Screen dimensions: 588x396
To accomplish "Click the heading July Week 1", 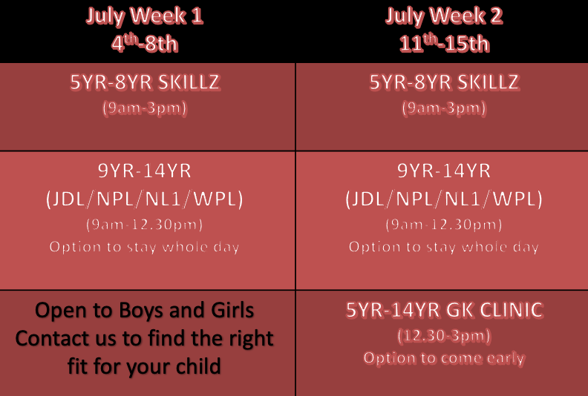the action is pos(144,16).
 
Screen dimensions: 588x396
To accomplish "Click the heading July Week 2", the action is pos(444,16).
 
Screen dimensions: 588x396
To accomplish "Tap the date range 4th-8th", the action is pos(144,43).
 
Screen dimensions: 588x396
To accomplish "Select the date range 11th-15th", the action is pos(445,43).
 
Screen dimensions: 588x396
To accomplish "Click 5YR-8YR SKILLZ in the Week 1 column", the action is pos(145,82).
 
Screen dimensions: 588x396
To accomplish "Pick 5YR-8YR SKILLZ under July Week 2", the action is pos(445,82).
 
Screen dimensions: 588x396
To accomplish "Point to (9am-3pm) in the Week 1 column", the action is pos(145,108).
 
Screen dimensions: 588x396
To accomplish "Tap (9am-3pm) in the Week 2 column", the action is pos(445,108).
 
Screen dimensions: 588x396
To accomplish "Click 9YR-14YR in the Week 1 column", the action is pos(145,171).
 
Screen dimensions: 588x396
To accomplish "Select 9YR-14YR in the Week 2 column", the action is pos(444,171).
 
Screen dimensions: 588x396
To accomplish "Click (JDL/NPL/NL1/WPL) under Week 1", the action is pos(145,199).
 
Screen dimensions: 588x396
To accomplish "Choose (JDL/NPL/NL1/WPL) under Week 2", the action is pos(444,199).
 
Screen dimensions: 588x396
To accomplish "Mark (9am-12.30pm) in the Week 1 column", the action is pos(145,225).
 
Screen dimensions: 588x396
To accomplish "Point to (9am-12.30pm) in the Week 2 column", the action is pos(444,225).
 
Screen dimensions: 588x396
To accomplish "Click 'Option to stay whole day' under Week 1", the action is pos(144,247).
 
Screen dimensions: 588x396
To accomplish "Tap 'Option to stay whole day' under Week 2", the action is pos(444,247).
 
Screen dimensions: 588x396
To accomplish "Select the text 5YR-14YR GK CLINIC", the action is pos(445,310).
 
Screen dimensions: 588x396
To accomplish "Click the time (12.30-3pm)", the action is pos(445,336).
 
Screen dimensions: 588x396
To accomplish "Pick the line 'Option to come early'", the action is pos(445,358).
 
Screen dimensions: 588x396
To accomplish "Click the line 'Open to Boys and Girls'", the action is pos(144,311).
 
